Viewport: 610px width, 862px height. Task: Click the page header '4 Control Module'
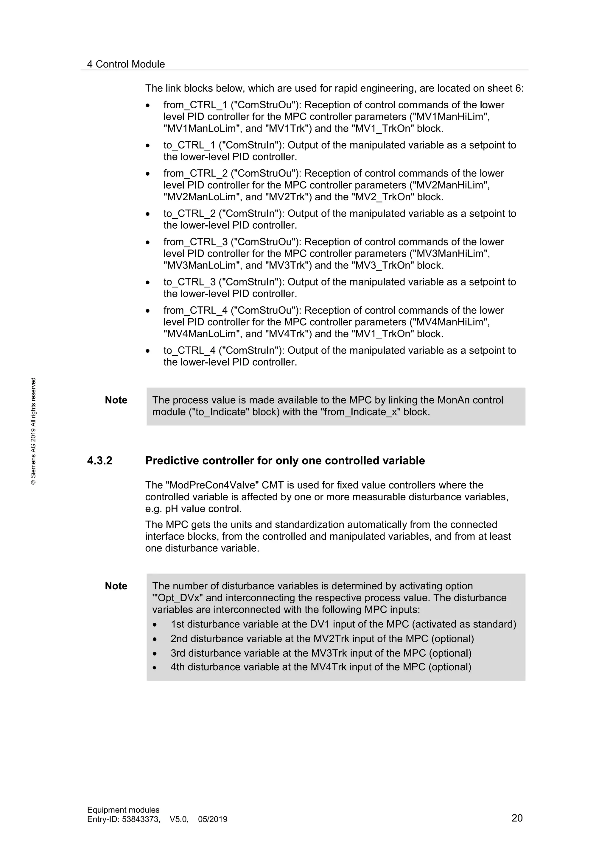[126, 64]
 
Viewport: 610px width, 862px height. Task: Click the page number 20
[517, 829]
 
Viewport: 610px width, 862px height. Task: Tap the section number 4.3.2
[99, 461]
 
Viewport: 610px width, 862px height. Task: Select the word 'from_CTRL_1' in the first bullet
[195, 105]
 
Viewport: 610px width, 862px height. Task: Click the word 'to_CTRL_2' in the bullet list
[189, 214]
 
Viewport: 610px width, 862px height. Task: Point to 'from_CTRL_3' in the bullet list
[195, 242]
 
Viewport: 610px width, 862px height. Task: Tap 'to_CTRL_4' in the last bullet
[189, 351]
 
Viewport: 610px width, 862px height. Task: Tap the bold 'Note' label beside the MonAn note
[116, 400]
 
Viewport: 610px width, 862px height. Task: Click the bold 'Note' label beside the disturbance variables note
[116, 586]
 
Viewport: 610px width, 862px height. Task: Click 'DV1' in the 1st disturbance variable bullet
[320, 624]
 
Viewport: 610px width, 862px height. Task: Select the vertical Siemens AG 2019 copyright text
[33, 431]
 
